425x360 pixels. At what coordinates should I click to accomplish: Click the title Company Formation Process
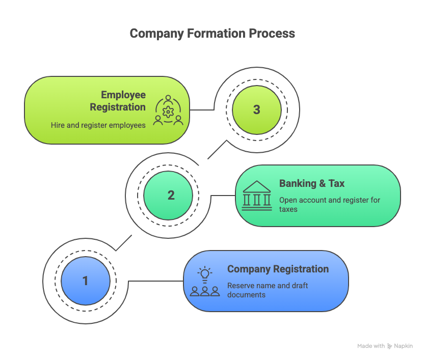click(x=212, y=34)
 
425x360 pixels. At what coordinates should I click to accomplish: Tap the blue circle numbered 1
click(x=85, y=281)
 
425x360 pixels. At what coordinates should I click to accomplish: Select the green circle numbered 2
click(x=171, y=195)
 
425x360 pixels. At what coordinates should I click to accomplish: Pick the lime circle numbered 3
click(x=256, y=109)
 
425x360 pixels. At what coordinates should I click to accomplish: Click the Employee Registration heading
click(x=118, y=101)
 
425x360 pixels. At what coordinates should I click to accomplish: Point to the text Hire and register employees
click(x=98, y=125)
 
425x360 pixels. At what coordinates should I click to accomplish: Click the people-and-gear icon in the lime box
click(x=168, y=110)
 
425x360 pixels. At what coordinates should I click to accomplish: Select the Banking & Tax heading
click(x=311, y=184)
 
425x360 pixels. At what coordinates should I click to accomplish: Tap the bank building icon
click(x=257, y=196)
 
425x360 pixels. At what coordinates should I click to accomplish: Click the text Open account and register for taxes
click(x=329, y=204)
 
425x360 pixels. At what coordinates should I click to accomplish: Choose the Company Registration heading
click(x=278, y=269)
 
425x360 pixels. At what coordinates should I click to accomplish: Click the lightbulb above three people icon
click(x=205, y=281)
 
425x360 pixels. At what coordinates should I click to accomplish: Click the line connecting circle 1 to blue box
click(x=155, y=281)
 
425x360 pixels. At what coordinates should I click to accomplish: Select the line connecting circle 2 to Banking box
click(x=223, y=195)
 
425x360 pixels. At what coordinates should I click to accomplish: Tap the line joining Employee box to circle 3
click(x=201, y=109)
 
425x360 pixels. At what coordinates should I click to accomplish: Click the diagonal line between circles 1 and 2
click(x=124, y=242)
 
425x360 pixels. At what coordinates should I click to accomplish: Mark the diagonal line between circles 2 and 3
click(x=217, y=149)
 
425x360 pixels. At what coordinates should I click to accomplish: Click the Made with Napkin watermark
click(x=385, y=346)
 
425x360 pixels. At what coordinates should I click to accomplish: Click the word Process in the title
click(x=272, y=34)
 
